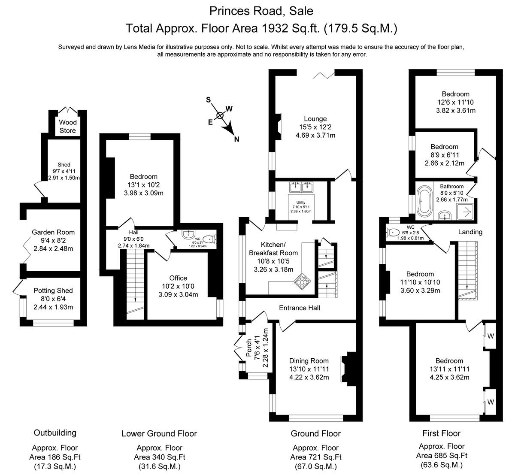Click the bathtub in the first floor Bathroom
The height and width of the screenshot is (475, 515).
[x=424, y=200]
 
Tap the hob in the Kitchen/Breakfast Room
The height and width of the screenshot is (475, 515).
[x=302, y=281]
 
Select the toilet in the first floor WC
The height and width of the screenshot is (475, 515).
[x=393, y=232]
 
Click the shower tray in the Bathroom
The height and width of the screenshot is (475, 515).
[x=465, y=212]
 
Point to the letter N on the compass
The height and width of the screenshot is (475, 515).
[x=236, y=139]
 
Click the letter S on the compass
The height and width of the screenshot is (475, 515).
[x=209, y=100]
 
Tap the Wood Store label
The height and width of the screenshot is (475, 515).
[x=68, y=126]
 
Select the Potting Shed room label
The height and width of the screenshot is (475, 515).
[x=53, y=290]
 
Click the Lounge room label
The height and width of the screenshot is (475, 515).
[x=315, y=119]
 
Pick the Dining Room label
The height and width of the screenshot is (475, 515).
[x=309, y=361]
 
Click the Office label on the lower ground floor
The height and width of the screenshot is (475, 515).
[x=178, y=278]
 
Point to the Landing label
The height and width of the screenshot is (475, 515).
[x=470, y=232]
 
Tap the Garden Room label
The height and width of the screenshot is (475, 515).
[x=53, y=232]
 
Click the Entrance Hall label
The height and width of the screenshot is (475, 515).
[x=300, y=308]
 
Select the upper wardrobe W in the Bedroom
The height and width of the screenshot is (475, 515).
[x=491, y=336]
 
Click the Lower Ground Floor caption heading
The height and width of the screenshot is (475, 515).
[x=159, y=433]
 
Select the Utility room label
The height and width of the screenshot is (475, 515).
[x=301, y=202]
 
